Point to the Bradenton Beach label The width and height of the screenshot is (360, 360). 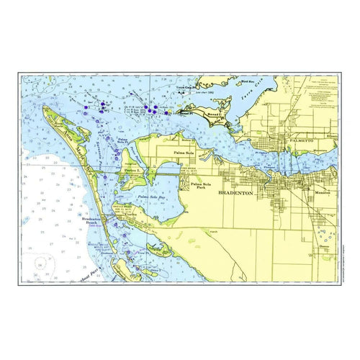click(94, 220)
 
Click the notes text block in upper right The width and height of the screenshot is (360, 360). click(322, 90)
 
